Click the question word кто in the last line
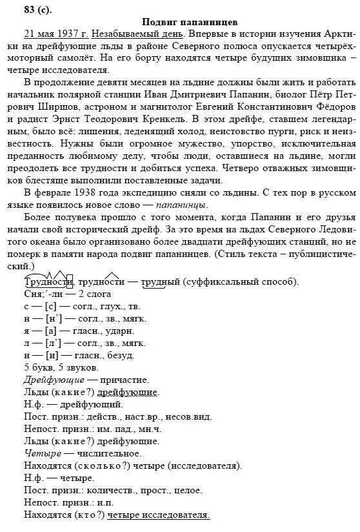pos(90,515)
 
